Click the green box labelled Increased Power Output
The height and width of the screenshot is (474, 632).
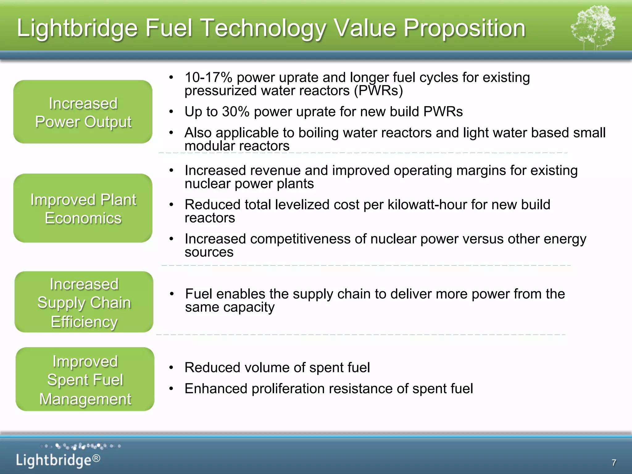(x=83, y=112)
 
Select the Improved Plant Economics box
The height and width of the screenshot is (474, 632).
(x=83, y=208)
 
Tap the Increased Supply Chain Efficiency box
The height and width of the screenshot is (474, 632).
(x=84, y=302)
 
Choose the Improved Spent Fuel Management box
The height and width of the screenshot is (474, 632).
(x=85, y=379)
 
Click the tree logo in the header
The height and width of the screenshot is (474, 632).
(x=593, y=28)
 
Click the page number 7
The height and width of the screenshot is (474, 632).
(x=614, y=462)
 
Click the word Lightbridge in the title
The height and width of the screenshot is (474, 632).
(x=77, y=28)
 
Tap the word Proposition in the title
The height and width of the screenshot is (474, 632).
(x=464, y=28)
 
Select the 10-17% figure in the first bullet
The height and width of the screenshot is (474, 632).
(x=208, y=77)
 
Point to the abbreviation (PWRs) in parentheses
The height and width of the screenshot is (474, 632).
(x=378, y=91)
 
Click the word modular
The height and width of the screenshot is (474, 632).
(x=209, y=146)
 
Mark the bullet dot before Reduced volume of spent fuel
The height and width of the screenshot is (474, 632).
(x=172, y=368)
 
